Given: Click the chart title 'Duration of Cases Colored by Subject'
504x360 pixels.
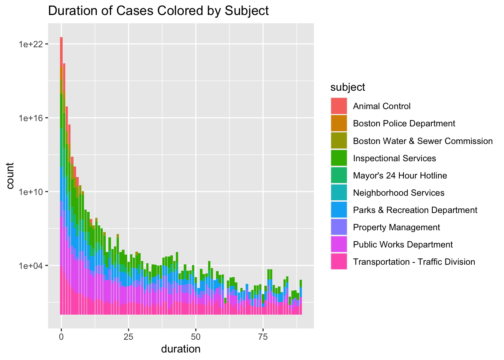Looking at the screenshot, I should (x=158, y=11).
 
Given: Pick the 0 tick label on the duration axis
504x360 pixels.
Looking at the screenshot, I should (x=61, y=336).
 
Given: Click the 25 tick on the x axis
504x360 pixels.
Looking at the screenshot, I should (x=129, y=336).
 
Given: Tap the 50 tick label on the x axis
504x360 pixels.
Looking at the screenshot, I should (x=196, y=336).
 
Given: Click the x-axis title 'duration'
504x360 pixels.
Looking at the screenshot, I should (x=181, y=349).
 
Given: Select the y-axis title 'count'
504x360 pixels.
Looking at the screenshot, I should (x=10, y=175).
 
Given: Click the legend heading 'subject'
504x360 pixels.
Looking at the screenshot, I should (x=348, y=87).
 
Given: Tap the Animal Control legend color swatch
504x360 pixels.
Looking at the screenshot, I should (x=339, y=106).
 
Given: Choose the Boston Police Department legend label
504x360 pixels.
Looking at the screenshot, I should (x=404, y=124).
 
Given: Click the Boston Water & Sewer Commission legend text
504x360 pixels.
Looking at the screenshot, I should (x=423, y=141).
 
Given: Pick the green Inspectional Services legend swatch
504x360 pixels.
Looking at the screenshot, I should (x=339, y=158).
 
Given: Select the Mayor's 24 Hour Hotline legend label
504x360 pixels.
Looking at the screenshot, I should (x=400, y=175).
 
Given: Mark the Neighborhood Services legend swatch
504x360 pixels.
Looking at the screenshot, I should (x=339, y=193).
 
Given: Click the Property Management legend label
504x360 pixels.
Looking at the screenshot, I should (x=396, y=227).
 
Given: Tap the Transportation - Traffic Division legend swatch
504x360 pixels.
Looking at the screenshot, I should (x=339, y=262).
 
